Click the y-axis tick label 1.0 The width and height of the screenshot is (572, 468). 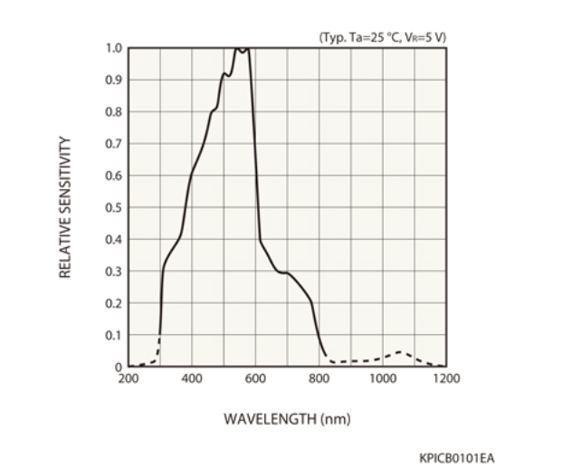pos(114,48)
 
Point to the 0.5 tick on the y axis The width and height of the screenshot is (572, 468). pos(114,207)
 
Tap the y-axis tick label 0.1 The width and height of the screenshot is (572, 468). pos(114,335)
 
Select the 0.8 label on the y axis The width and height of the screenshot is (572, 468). pos(114,112)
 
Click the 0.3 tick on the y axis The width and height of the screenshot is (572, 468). pos(114,272)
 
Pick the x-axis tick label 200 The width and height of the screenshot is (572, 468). pos(129,378)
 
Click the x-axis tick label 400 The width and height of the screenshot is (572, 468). pos(192,378)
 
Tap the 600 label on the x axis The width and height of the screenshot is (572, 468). pos(255,378)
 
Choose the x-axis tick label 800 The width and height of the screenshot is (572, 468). pos(319,378)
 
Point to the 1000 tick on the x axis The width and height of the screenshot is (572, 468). pos(382,378)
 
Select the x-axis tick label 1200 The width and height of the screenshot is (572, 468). pos(445,378)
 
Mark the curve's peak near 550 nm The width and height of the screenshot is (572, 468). pos(240,49)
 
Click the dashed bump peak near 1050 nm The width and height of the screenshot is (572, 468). pos(399,351)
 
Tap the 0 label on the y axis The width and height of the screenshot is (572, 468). pos(118,367)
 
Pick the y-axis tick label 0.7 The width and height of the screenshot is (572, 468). pos(114,144)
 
